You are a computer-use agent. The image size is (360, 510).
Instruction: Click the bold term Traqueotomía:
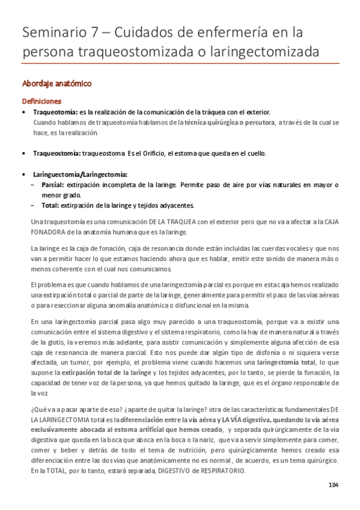[x=55, y=112]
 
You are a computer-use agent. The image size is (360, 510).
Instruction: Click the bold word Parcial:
[x=53, y=185]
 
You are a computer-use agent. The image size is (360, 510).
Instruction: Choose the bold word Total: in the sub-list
[x=52, y=205]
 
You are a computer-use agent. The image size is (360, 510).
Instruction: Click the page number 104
[x=334, y=485]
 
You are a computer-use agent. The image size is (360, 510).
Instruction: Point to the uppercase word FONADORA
[x=49, y=232]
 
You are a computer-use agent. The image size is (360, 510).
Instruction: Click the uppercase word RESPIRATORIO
[x=219, y=470]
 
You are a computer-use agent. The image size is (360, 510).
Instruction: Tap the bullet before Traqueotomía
[x=23, y=112]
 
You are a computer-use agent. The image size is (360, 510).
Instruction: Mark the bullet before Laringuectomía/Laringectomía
[x=23, y=174]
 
